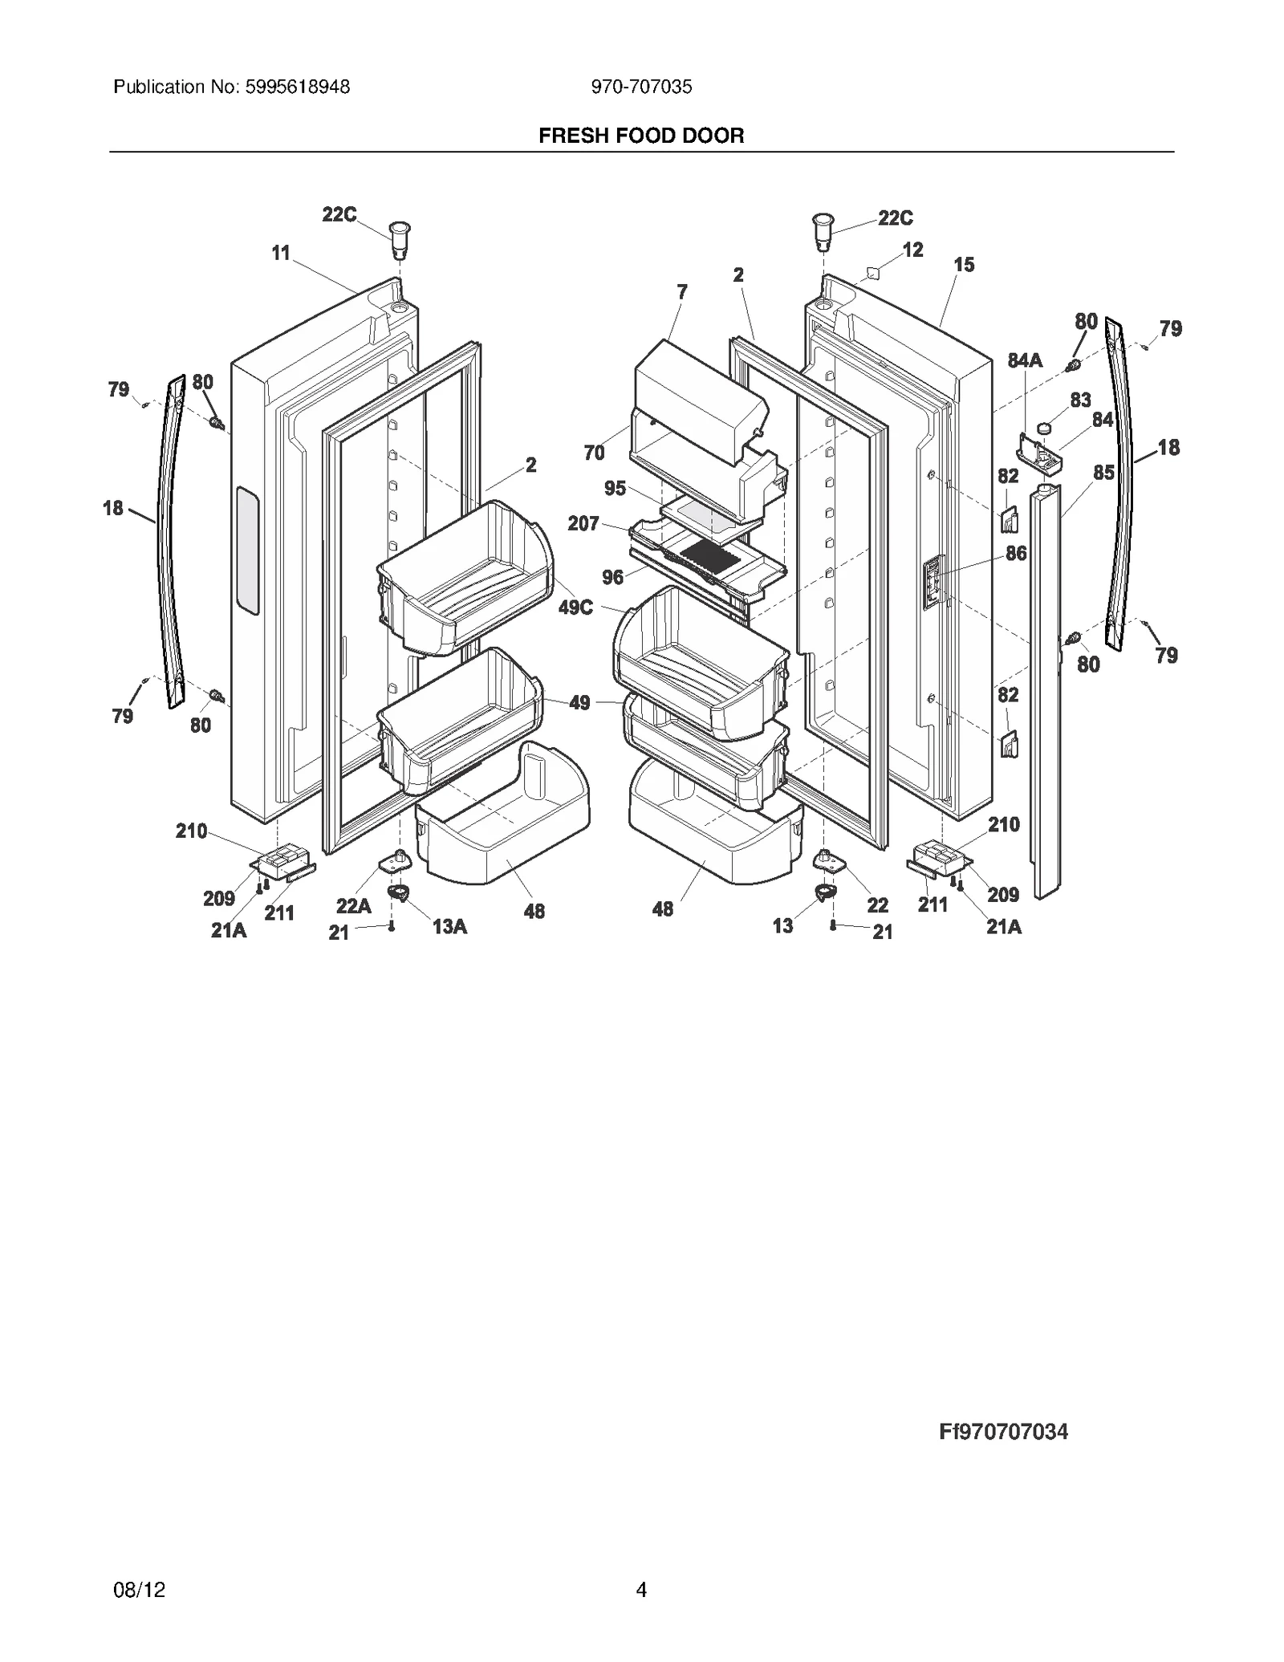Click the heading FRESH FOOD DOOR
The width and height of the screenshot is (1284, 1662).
click(641, 136)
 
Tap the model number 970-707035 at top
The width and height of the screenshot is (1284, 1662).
click(641, 87)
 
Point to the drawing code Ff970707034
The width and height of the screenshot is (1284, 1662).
click(1003, 1432)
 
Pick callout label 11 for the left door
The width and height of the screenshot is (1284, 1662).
click(280, 253)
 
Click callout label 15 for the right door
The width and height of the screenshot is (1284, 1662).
click(964, 264)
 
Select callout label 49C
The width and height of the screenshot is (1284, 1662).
click(575, 607)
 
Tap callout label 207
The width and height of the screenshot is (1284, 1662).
click(583, 523)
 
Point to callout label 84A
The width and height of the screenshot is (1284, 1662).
click(1025, 360)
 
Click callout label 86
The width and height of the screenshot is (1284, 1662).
click(1016, 553)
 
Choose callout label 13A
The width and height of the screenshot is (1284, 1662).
click(449, 926)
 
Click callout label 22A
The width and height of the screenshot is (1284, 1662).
click(353, 906)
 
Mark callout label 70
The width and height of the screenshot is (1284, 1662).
click(594, 453)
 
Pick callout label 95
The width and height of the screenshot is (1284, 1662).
click(615, 488)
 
